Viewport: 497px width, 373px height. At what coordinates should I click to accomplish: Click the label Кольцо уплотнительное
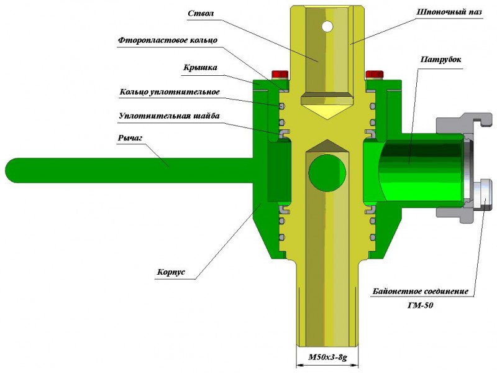point(170,93)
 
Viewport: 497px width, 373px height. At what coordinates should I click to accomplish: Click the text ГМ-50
point(421,306)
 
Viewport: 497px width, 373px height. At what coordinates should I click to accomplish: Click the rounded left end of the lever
point(14,170)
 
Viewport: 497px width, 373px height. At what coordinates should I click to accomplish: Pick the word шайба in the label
point(206,116)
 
